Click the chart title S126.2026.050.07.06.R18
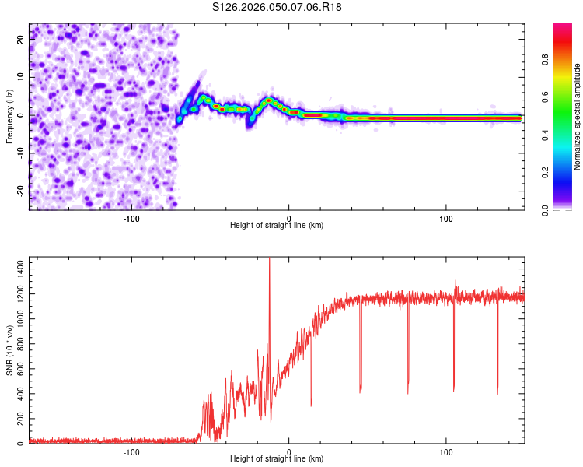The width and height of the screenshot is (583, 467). coord(278,7)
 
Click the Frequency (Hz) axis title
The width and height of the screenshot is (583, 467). coord(10,116)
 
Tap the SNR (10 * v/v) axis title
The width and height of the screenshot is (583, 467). coord(10,350)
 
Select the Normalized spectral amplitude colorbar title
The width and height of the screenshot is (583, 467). coord(578,117)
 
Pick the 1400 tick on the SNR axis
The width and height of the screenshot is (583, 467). coord(16,267)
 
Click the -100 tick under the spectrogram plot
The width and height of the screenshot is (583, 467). coord(131,217)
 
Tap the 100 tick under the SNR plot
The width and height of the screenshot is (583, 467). coord(446,451)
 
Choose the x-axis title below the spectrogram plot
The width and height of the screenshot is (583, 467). coord(277,226)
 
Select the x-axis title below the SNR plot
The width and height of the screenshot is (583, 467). coord(277,459)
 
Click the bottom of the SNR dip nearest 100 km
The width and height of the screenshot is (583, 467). coord(454,390)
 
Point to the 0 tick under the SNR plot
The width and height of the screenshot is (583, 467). coord(289,451)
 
